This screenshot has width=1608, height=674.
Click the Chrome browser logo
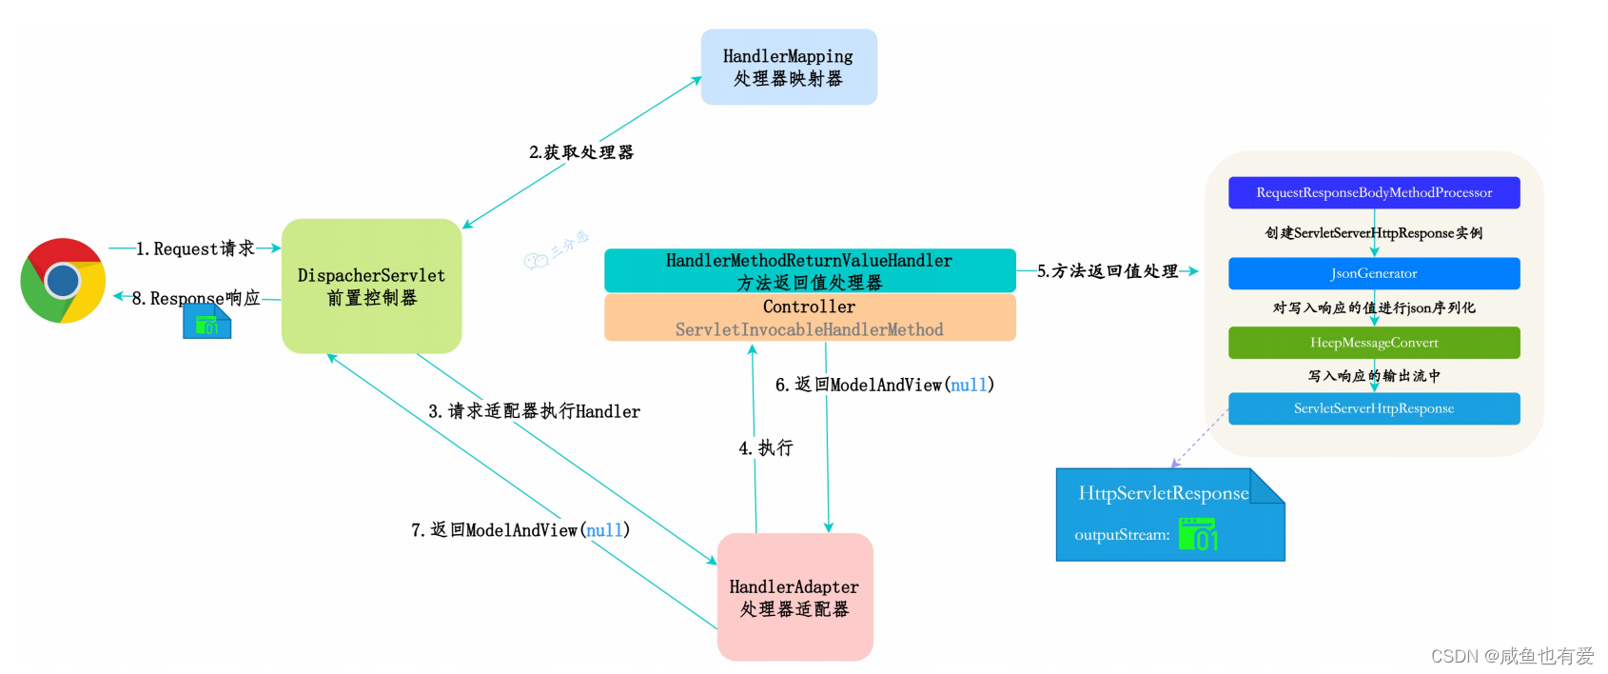click(63, 281)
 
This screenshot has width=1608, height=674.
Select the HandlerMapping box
click(789, 67)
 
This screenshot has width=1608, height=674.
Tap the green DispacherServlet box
click(371, 286)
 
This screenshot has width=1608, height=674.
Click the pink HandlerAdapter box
click(794, 597)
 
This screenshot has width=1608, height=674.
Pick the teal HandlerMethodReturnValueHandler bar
click(810, 270)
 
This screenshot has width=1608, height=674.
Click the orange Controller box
click(810, 317)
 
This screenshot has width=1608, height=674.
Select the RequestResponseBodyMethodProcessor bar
click(1374, 192)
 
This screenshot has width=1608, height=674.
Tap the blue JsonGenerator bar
click(1374, 273)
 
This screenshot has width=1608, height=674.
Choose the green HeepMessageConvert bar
click(1374, 343)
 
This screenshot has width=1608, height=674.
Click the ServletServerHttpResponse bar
click(1374, 408)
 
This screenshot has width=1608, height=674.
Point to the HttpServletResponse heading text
click(1163, 493)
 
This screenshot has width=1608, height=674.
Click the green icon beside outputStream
click(1198, 534)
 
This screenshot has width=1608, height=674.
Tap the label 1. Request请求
click(195, 248)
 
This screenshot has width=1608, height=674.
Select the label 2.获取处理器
click(581, 152)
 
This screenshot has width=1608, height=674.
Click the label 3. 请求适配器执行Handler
click(534, 411)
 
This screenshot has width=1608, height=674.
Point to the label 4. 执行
click(766, 447)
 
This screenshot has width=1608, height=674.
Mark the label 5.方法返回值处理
click(1108, 271)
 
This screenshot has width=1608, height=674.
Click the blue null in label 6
click(969, 385)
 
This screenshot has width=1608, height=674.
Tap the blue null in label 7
click(604, 530)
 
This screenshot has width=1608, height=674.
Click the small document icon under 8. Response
click(206, 324)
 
